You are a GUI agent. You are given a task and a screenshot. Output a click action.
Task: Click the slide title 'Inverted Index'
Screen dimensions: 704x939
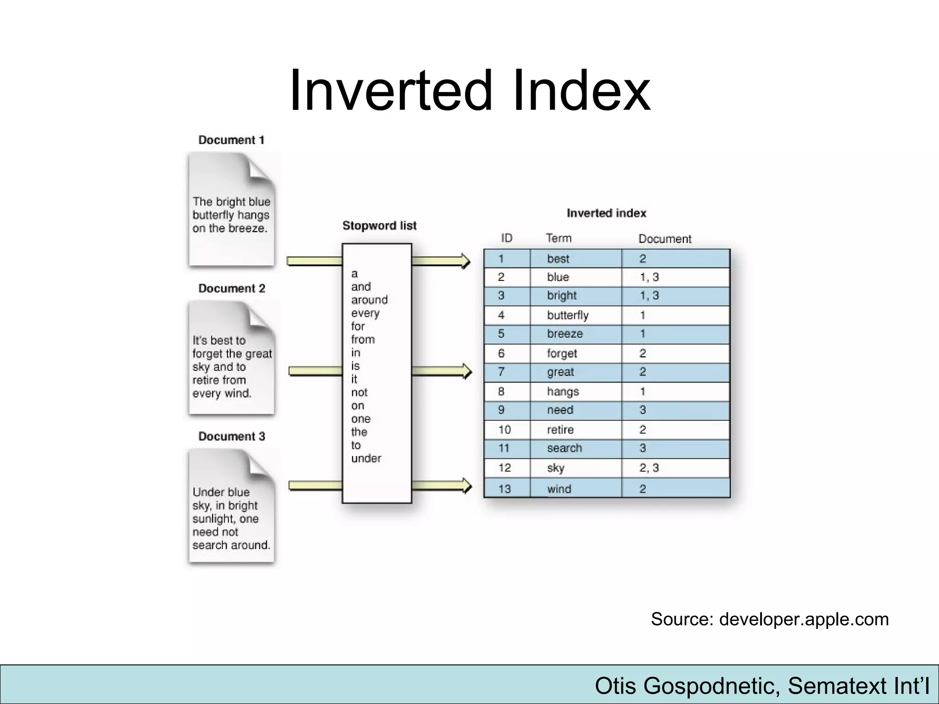(x=469, y=90)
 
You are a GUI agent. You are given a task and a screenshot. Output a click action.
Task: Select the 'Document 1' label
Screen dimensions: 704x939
(x=231, y=140)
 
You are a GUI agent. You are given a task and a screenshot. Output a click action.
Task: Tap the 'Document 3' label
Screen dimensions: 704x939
(x=232, y=436)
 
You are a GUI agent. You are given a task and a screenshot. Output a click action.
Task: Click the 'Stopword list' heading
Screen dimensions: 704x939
(x=379, y=225)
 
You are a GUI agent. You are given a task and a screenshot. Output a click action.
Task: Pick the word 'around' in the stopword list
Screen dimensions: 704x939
(x=369, y=300)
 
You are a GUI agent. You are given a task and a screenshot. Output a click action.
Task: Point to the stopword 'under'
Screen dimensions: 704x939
(x=366, y=458)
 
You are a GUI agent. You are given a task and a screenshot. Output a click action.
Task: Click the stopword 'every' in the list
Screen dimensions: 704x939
(x=365, y=313)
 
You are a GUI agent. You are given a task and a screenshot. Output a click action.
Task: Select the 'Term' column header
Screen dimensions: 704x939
(x=558, y=238)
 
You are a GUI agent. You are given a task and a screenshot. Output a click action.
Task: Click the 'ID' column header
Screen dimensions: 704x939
(x=506, y=238)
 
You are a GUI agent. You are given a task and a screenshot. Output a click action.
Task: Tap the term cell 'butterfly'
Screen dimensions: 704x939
(x=567, y=315)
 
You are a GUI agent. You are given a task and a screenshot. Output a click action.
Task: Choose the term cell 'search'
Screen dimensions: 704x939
(x=564, y=448)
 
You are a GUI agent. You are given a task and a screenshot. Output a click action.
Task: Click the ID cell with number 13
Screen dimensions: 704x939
(x=504, y=489)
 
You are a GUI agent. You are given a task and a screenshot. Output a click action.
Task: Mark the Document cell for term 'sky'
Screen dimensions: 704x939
(x=649, y=468)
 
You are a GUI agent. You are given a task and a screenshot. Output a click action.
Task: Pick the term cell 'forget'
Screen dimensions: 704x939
(x=562, y=353)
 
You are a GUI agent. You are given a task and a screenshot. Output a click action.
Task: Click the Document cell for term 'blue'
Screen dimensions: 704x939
(x=649, y=277)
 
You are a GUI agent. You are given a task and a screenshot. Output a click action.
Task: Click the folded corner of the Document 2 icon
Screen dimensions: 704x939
(x=261, y=316)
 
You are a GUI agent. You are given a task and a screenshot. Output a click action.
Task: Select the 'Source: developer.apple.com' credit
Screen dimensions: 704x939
(x=769, y=619)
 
